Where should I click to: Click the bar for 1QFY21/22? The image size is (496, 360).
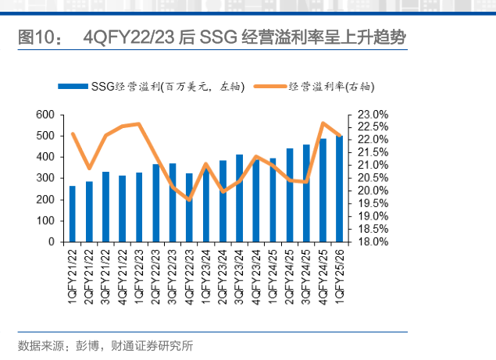[x=73, y=214]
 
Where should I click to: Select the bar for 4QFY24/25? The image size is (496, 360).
[x=323, y=191]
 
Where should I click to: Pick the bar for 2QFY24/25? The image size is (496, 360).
[x=290, y=195]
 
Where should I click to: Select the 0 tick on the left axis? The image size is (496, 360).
[x=51, y=242]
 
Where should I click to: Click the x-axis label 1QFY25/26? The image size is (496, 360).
[x=340, y=275]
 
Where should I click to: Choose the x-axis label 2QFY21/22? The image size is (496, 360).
[x=90, y=275]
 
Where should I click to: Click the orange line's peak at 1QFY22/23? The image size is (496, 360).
[x=139, y=123]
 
